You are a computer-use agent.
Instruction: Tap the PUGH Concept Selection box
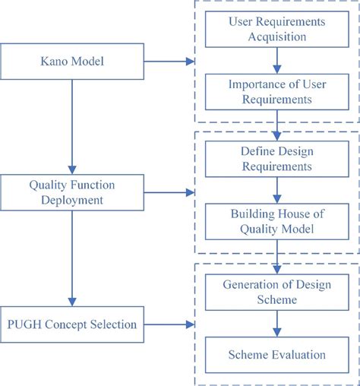(72, 324)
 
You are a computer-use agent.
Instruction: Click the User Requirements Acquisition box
(277, 29)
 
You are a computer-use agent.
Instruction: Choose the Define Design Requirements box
(277, 158)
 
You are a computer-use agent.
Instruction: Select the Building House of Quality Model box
(277, 221)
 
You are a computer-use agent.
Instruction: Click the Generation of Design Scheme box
(277, 293)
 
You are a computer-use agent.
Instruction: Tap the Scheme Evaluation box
(277, 355)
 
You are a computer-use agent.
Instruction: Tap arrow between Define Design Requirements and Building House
(277, 190)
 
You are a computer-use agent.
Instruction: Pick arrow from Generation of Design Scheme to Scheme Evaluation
(277, 324)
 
